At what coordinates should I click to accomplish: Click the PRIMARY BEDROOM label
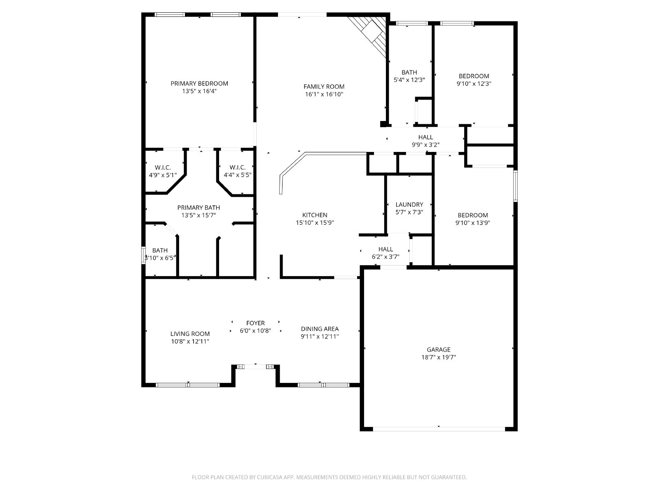click(x=199, y=84)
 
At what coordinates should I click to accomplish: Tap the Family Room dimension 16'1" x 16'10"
click(x=324, y=94)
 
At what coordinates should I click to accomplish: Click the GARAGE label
click(x=438, y=350)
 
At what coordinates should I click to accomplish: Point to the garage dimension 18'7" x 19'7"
click(x=438, y=357)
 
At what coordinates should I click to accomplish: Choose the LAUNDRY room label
click(x=409, y=205)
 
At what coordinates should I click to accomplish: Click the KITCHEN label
click(x=315, y=215)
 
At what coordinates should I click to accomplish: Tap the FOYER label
click(x=255, y=323)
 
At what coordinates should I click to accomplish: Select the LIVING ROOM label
click(x=190, y=334)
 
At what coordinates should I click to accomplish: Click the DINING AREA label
click(x=320, y=329)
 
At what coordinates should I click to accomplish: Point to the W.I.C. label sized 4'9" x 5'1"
click(x=163, y=168)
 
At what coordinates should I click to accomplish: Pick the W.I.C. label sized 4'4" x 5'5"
click(x=237, y=168)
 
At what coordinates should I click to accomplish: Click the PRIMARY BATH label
click(x=199, y=207)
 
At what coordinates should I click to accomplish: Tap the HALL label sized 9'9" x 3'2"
click(x=425, y=137)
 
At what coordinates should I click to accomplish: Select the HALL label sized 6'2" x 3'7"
click(x=386, y=249)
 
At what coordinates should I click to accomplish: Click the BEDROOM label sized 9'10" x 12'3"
click(x=474, y=76)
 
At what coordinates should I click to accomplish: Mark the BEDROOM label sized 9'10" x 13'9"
click(x=472, y=215)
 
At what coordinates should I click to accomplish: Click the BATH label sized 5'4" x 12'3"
click(x=409, y=72)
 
